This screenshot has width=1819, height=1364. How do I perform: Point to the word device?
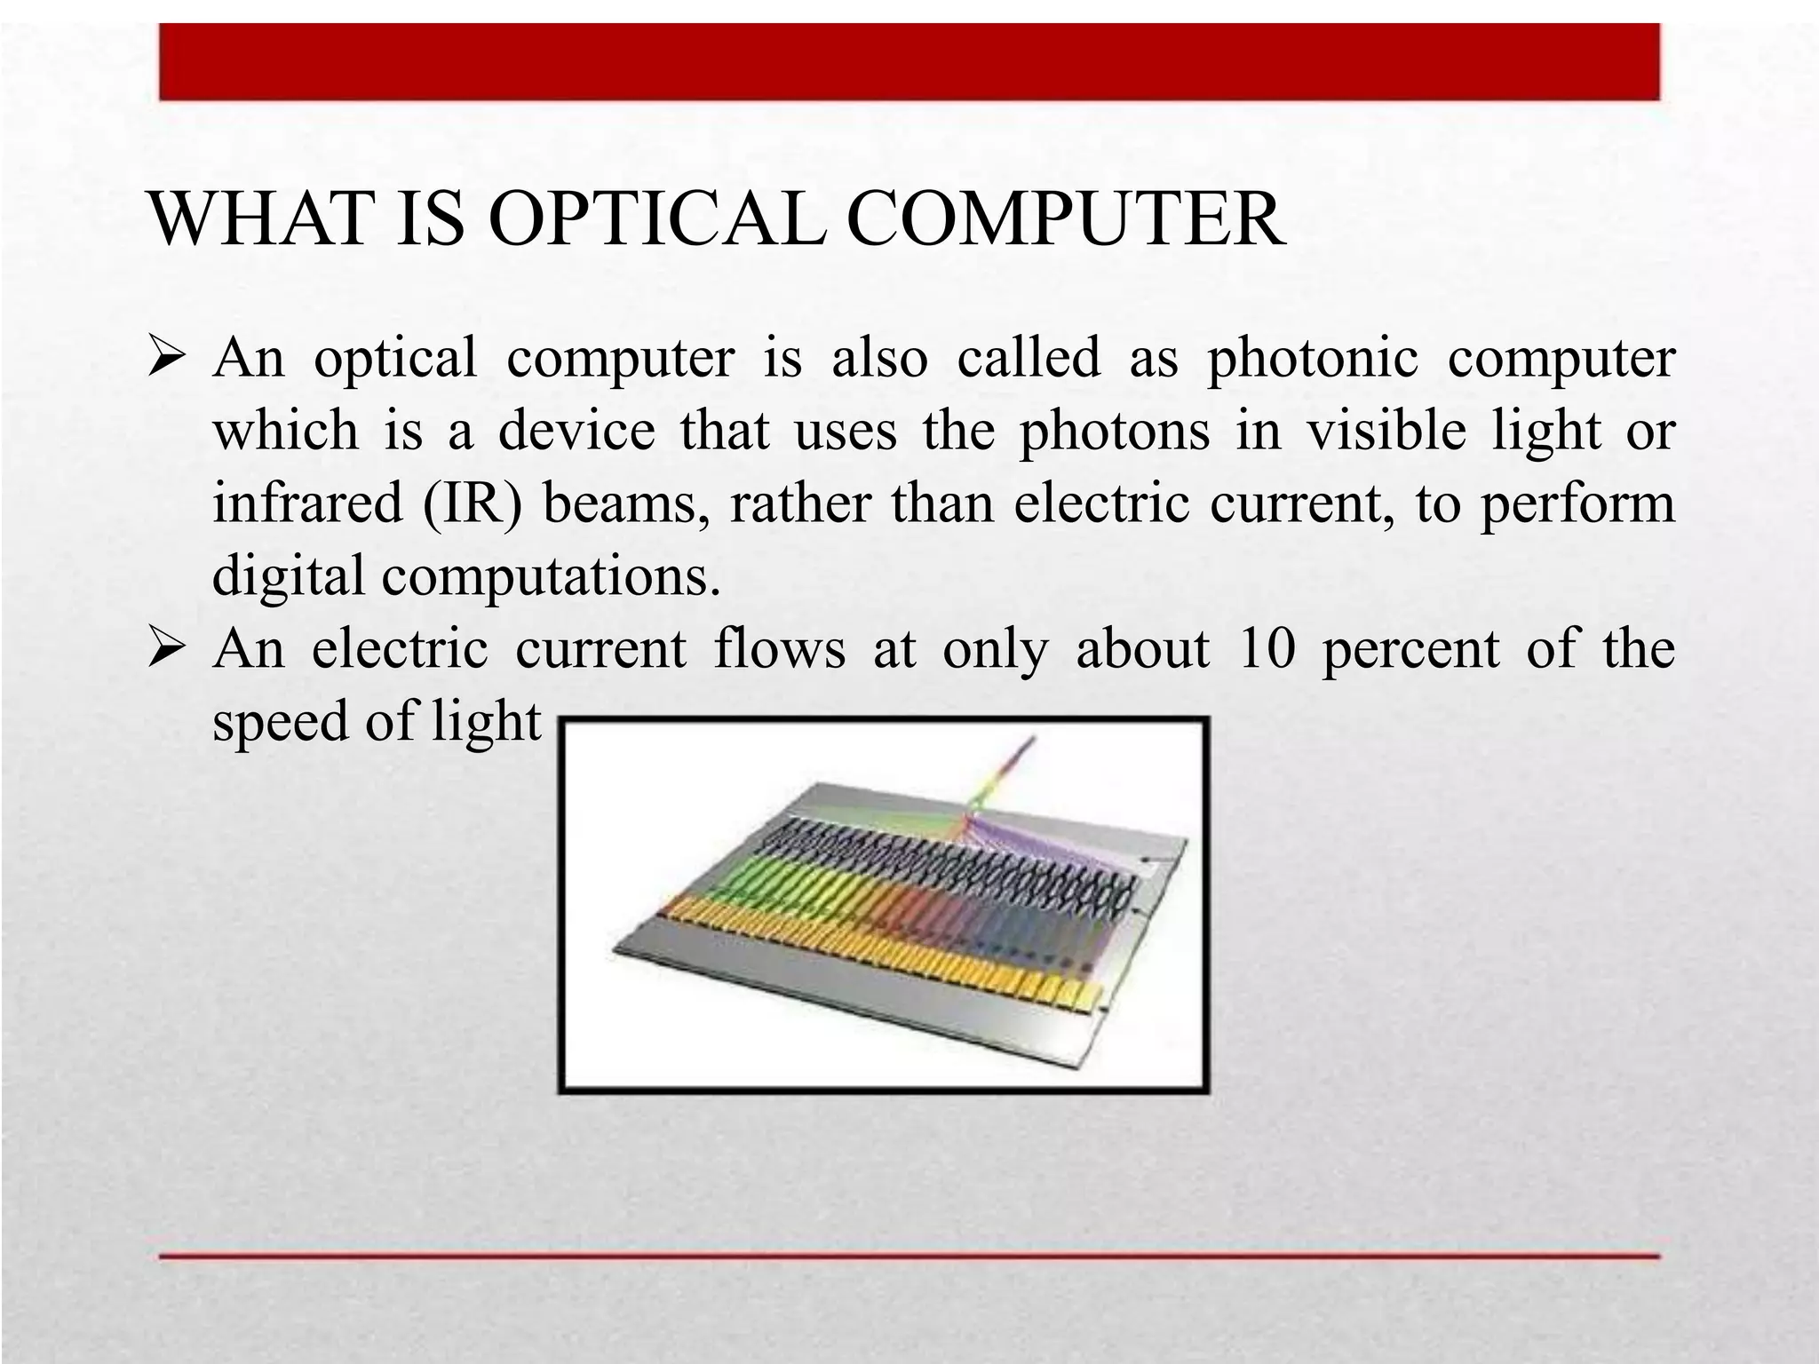576,431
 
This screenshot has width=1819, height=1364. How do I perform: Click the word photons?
1114,432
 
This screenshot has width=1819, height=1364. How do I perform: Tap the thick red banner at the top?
909,62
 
